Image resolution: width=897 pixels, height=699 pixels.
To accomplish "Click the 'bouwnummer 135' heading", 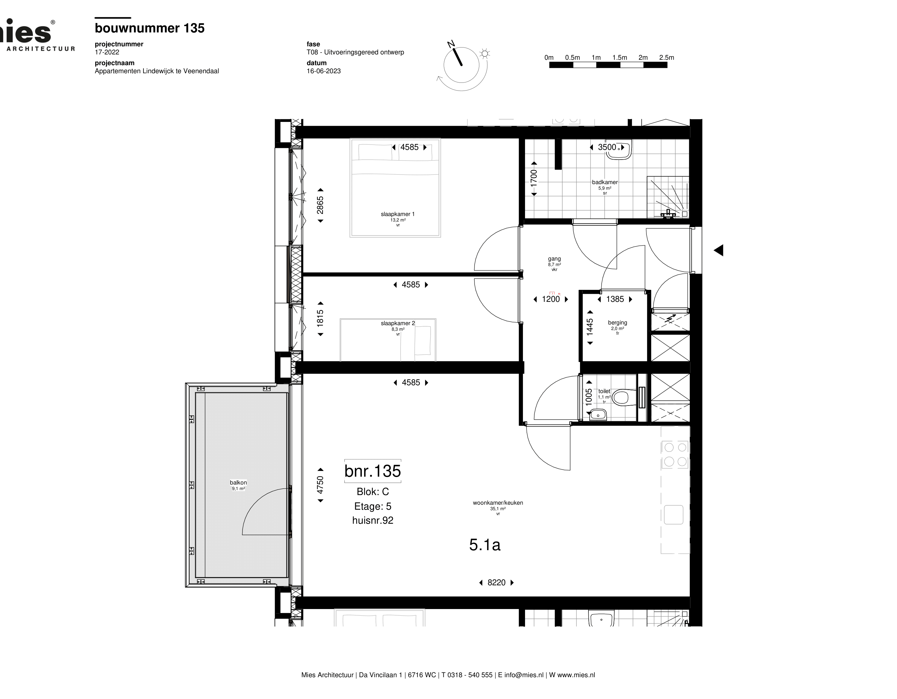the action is [149, 28].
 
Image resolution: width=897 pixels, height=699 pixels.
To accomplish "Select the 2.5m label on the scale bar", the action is [666, 57].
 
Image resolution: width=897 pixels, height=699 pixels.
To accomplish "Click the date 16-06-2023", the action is [324, 71].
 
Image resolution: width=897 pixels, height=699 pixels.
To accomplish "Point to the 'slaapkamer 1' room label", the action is [398, 214].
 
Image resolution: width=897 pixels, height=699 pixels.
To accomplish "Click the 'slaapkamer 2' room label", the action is [398, 323].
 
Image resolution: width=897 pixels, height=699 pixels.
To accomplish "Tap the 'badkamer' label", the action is [605, 182].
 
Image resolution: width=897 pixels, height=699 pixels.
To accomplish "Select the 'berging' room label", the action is [617, 323].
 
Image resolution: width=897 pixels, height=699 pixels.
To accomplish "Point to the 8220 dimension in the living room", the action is [496, 582].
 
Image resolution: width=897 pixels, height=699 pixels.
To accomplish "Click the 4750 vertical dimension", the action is [320, 485].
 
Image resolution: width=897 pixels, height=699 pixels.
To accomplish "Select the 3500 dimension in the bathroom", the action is [607, 147].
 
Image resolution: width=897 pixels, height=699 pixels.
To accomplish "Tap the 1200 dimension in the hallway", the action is [550, 299].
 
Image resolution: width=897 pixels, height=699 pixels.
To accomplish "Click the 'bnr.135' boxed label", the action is [373, 471].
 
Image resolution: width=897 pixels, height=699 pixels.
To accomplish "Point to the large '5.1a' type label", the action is [485, 545].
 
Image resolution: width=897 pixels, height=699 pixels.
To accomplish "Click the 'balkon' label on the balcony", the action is [238, 483].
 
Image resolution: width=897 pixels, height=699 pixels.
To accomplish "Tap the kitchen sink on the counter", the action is [674, 515].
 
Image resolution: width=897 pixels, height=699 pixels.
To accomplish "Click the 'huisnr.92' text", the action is [373, 521].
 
